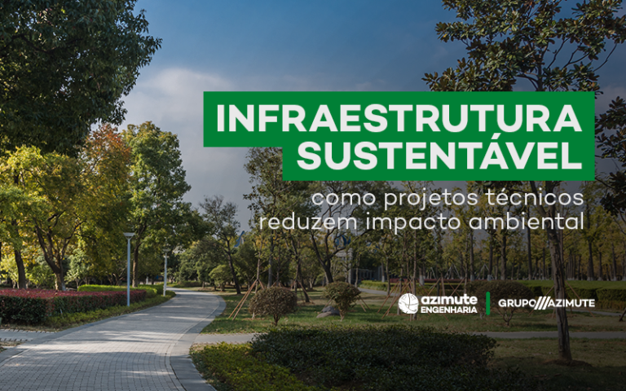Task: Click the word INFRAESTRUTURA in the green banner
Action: (399, 119)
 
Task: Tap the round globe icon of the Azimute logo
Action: (408, 303)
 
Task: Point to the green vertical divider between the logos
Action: (488, 303)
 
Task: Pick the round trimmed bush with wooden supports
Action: (273, 303)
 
